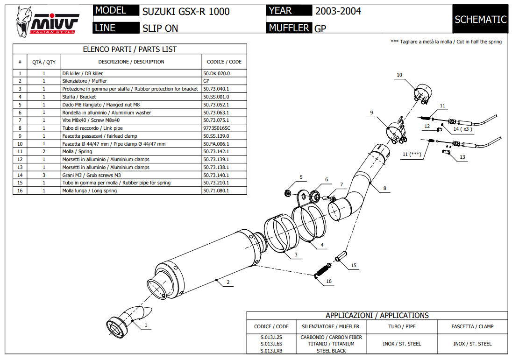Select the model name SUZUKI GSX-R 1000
185,11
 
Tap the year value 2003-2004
338,11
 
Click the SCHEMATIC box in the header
480,19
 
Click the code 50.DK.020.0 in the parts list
216,73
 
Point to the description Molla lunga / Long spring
89,191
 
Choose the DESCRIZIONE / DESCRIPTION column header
131,62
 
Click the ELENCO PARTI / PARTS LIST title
129,49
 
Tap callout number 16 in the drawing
329,281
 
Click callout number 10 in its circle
399,75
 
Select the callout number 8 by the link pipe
384,189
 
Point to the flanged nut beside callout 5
288,192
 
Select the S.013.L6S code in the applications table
271,344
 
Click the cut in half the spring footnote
446,42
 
